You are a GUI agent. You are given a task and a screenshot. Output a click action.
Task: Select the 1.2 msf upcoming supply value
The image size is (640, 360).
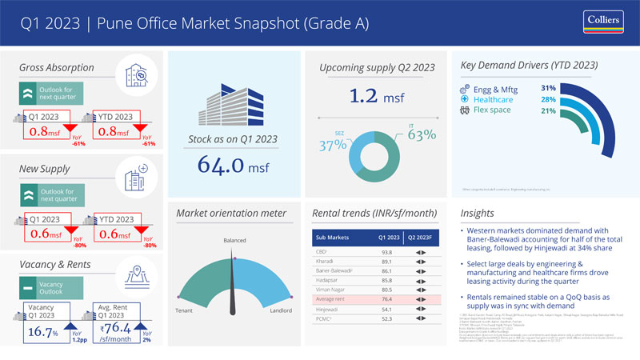376,98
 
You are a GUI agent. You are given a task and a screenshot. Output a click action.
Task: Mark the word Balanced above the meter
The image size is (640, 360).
235,239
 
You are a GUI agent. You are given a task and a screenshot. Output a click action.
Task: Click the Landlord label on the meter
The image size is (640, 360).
282,310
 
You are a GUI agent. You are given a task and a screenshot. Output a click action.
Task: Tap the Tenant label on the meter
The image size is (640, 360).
186,310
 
